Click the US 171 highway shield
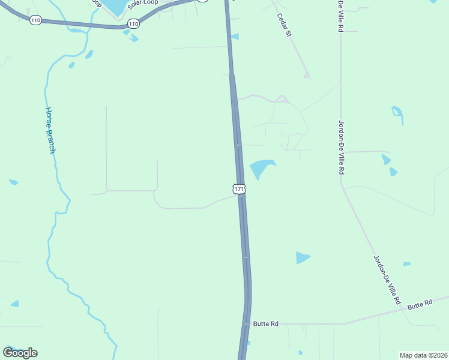[x=239, y=189]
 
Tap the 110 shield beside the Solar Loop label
[x=133, y=24]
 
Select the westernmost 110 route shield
[x=35, y=20]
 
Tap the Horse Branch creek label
[x=50, y=130]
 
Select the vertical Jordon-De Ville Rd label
[x=341, y=147]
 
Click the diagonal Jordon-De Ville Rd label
[x=387, y=280]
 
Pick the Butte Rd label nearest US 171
[x=265, y=324]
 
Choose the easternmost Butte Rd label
[x=420, y=305]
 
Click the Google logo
[x=20, y=352]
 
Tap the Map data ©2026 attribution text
[x=423, y=355]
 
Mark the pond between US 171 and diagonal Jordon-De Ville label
[x=302, y=257]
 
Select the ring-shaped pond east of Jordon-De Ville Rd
[x=397, y=113]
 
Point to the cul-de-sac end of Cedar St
[x=306, y=76]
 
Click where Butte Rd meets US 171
[x=247, y=324]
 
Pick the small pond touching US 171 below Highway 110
[x=235, y=37]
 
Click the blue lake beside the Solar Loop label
[x=115, y=6]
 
